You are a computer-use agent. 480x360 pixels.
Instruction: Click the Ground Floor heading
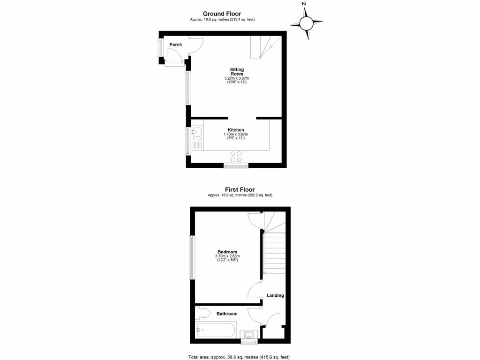pyautogui.click(x=222, y=14)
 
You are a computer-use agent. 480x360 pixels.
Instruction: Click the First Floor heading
pyautogui.click(x=240, y=190)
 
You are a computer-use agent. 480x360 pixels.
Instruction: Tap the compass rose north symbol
pyautogui.click(x=307, y=22)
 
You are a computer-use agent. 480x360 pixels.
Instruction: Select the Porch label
pyautogui.click(x=176, y=45)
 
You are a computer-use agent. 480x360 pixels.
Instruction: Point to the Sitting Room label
pyautogui.click(x=237, y=72)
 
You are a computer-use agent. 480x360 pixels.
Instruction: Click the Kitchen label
pyautogui.click(x=236, y=130)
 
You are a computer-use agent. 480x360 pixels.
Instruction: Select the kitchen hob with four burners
pyautogui.click(x=236, y=156)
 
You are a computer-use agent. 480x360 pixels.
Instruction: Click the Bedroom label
pyautogui.click(x=227, y=252)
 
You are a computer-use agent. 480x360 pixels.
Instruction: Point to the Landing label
pyautogui.click(x=275, y=295)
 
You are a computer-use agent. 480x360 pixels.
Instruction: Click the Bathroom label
pyautogui.click(x=227, y=314)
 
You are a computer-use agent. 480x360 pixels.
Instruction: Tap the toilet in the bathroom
pyautogui.click(x=203, y=313)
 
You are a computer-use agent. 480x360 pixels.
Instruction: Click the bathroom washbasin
pyautogui.click(x=248, y=335)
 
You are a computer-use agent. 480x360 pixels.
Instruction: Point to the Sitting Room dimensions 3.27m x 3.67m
pyautogui.click(x=237, y=78)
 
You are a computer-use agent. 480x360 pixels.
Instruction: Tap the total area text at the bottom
pyautogui.click(x=239, y=357)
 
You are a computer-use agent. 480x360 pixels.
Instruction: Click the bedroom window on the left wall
pyautogui.click(x=191, y=257)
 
